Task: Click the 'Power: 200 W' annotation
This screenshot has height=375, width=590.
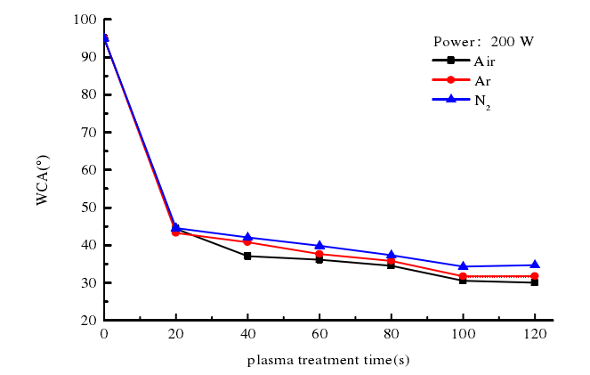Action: tap(483, 41)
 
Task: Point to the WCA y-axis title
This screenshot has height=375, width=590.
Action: tap(43, 182)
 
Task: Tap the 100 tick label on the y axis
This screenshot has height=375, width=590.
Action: tap(85, 20)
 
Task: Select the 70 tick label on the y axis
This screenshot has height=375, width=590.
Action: tap(88, 132)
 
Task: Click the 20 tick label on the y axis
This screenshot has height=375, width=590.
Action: tap(88, 320)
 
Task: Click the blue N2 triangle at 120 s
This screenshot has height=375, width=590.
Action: tap(534, 265)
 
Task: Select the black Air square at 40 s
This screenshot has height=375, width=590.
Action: tap(247, 256)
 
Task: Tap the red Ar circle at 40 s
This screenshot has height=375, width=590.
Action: tap(247, 241)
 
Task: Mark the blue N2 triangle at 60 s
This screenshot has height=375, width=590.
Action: tap(319, 245)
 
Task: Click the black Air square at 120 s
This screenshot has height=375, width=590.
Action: tap(534, 281)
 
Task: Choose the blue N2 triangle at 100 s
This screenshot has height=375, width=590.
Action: tap(463, 265)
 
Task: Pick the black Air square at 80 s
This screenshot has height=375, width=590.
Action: tap(391, 265)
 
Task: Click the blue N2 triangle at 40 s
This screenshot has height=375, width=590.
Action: tap(247, 236)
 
